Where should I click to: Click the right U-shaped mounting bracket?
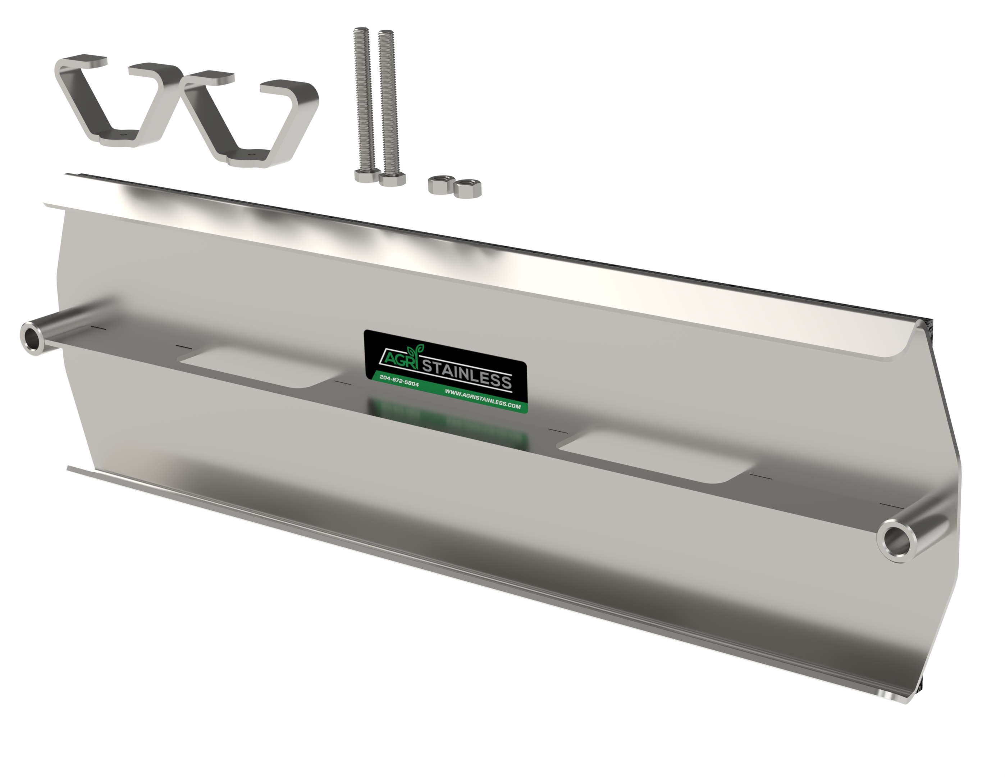point(248,120)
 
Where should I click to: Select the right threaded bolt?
point(388,101)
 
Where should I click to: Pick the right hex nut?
point(467,188)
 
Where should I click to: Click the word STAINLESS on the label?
point(466,374)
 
